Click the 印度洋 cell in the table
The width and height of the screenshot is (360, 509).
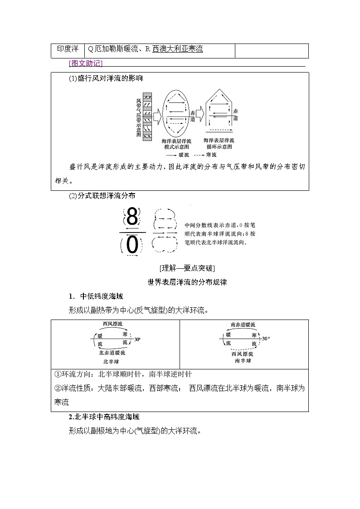pos(68,49)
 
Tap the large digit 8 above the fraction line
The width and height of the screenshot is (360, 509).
pos(132,218)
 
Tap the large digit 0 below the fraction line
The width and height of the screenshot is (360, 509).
pos(132,245)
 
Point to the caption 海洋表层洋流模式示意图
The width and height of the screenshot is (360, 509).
pos(177,144)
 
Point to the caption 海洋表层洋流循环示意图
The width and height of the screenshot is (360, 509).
pos(219,144)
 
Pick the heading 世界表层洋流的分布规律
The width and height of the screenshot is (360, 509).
pos(187,282)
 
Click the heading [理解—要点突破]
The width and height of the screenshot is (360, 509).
pos(187,267)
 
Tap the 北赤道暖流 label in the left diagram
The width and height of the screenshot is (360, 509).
pos(112,352)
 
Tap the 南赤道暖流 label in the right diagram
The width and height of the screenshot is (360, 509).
pos(243,325)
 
